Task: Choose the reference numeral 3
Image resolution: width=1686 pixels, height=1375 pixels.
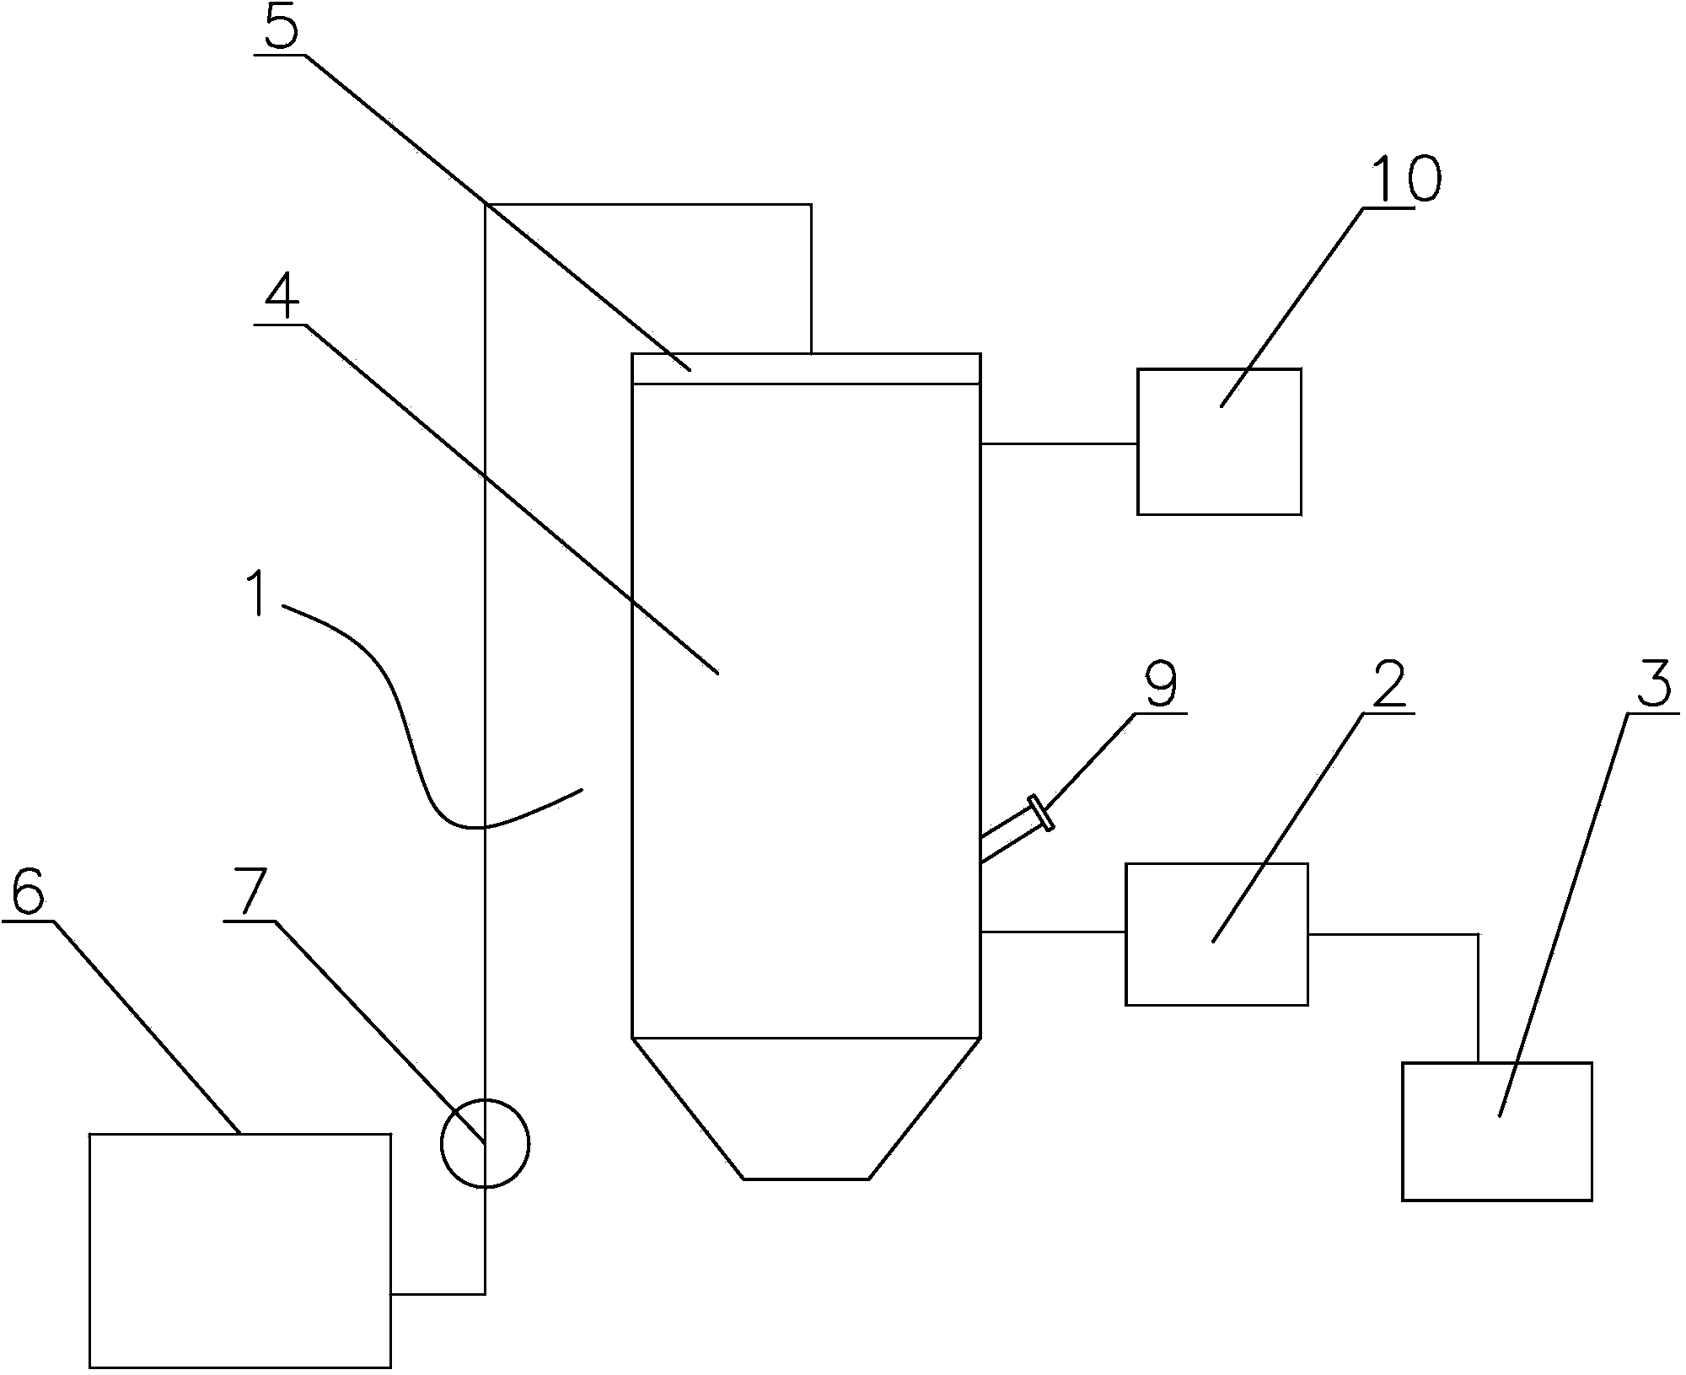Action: coord(1654,685)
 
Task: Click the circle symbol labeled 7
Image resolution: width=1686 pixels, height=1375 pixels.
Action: coord(485,1144)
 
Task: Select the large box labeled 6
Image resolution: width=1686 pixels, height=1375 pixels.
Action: coord(239,1254)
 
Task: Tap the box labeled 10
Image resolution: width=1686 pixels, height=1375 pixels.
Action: coord(1219,442)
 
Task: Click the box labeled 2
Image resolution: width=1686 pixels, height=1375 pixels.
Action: coord(1216,934)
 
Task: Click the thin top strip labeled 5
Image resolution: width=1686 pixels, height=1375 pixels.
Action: coord(806,369)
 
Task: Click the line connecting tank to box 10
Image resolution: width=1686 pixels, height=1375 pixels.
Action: coord(1059,443)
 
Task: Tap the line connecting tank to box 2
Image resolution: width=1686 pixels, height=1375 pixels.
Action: coord(1053,932)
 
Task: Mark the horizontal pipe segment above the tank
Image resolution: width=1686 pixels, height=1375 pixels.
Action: coord(648,204)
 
